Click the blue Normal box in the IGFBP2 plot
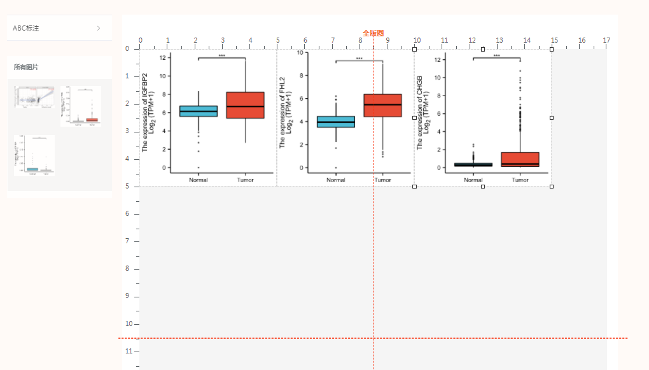(199, 111)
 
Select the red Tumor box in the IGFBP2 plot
(245, 105)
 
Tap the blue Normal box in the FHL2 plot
(336, 122)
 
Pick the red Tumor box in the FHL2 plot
(382, 105)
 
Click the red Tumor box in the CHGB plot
(520, 159)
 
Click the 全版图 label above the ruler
(373, 33)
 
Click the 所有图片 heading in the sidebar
(27, 67)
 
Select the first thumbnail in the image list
(34, 97)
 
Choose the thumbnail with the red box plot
(80, 106)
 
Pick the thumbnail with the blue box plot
(34, 155)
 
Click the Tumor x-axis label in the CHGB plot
(520, 180)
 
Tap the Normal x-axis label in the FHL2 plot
(336, 180)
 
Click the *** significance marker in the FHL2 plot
(359, 59)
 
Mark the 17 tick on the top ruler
(607, 40)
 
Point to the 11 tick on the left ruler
(129, 352)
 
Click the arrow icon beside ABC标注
(99, 28)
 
